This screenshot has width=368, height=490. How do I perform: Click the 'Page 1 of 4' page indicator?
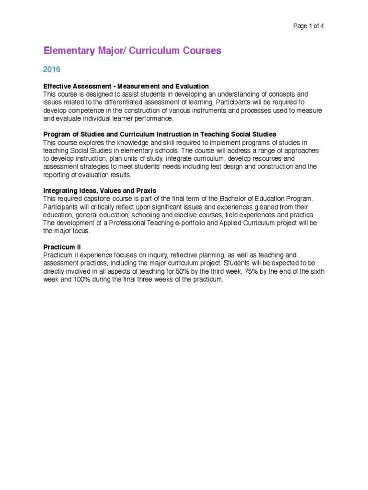(x=308, y=26)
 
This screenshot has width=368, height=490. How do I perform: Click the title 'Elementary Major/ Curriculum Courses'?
(x=132, y=51)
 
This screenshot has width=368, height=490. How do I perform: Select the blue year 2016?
(x=52, y=70)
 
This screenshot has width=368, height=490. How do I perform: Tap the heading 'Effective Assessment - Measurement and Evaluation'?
(x=126, y=86)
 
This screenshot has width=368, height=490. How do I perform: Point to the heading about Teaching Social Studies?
(x=160, y=134)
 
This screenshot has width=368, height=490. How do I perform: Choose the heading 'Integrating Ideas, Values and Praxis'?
(x=100, y=190)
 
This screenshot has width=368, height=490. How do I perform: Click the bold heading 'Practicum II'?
(x=62, y=247)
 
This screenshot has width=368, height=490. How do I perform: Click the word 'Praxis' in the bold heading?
(x=146, y=190)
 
